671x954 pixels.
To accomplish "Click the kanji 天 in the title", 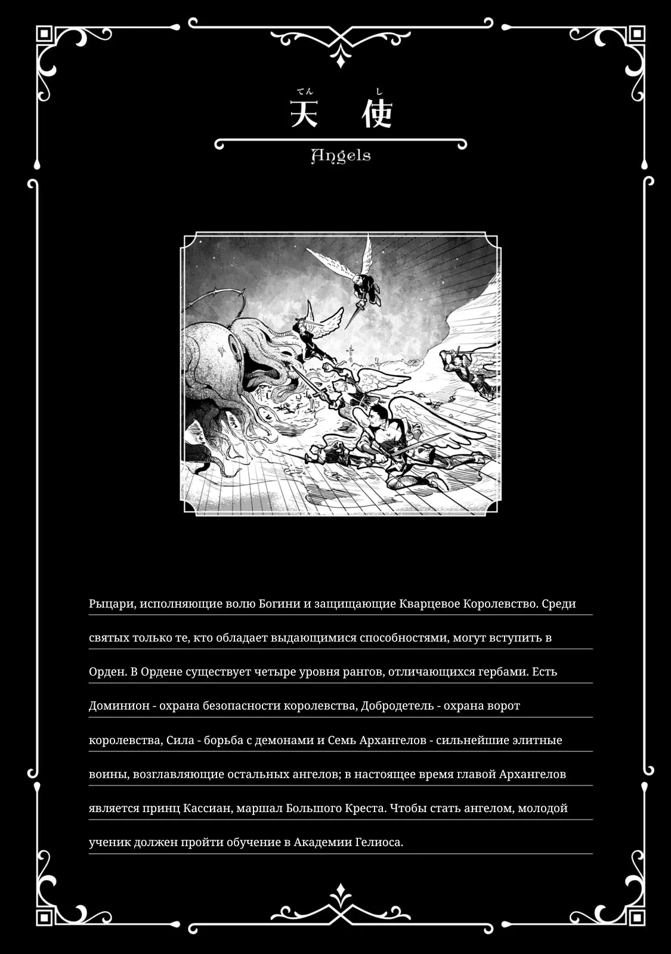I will point(304,113).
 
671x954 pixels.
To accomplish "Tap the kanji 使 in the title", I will point(377,113).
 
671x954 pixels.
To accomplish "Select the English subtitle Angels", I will point(341,156).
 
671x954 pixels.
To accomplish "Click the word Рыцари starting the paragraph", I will point(112,603).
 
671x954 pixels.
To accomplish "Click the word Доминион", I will point(119,705).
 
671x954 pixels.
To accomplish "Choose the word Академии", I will point(323,842).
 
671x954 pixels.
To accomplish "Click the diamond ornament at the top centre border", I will point(340,58).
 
